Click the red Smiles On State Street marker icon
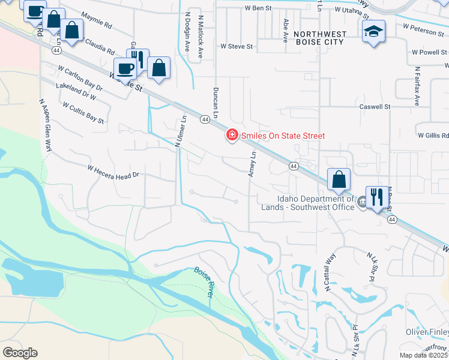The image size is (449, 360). click(231, 136)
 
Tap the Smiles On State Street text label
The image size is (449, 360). click(283, 136)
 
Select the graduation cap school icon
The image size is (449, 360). click(373, 31)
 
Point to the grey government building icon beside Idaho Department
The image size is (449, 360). click(362, 203)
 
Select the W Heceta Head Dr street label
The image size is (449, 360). click(113, 172)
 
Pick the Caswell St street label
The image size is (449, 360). click(374, 106)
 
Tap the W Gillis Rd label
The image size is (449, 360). click(433, 136)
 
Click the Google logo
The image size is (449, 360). click(20, 353)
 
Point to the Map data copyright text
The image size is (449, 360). click(424, 355)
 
